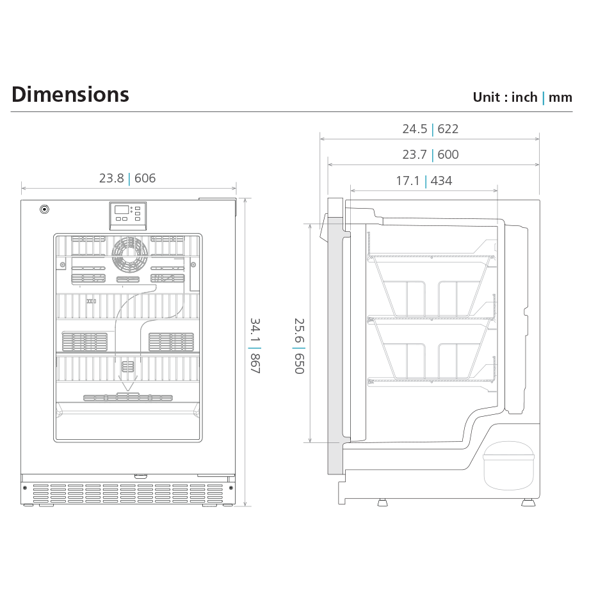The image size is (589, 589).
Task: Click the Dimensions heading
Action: tap(70, 94)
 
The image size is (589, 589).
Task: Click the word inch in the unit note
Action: tap(524, 97)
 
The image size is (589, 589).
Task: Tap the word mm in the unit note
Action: tap(560, 98)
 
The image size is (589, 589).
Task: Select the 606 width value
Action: tap(145, 178)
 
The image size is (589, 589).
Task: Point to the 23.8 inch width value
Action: tap(111, 178)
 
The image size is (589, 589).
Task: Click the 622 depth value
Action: tap(448, 129)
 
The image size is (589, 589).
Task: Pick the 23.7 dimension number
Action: tap(415, 154)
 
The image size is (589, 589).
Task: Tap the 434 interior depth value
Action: tap(441, 181)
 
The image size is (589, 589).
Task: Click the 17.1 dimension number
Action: tap(408, 181)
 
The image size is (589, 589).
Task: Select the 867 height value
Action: tap(255, 364)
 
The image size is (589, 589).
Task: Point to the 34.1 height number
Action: tap(255, 330)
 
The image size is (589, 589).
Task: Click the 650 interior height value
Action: tap(299, 364)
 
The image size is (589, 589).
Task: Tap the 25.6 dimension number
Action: tap(299, 330)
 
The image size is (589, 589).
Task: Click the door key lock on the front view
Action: tap(44, 209)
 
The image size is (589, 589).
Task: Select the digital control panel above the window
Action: tap(127, 215)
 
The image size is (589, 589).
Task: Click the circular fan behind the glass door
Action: tap(130, 254)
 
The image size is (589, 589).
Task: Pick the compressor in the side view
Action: tap(508, 466)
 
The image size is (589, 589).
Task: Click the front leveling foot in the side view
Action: tap(382, 502)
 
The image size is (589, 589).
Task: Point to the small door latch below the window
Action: tap(141, 477)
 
